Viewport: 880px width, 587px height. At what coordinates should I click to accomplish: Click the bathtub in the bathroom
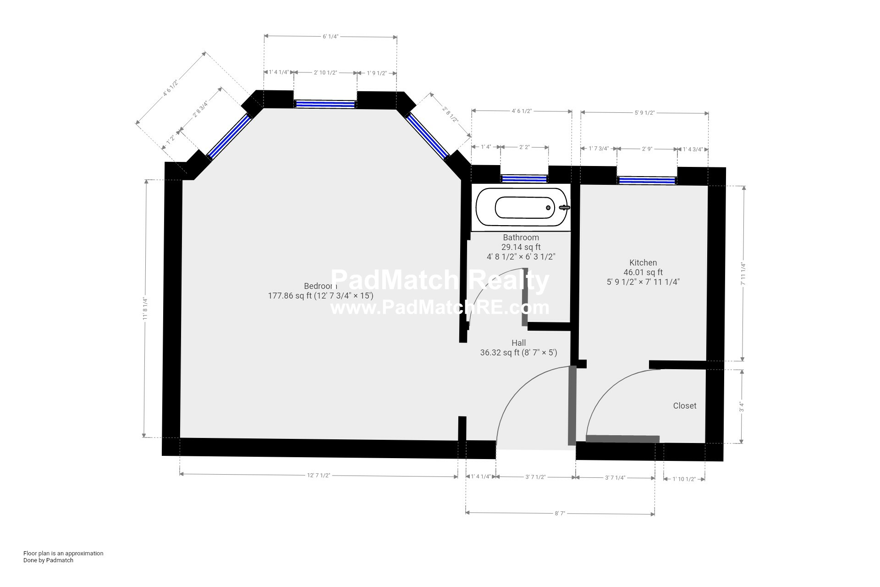click(522, 208)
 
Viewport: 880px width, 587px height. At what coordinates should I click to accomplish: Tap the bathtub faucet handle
click(565, 208)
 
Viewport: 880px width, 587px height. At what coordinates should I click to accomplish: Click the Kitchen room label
click(643, 263)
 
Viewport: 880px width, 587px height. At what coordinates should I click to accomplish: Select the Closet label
click(684, 406)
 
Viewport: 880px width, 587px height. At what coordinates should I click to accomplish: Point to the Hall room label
click(518, 343)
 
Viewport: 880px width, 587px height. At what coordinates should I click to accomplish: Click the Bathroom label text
click(521, 238)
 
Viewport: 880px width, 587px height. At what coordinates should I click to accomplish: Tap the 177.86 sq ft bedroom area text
click(320, 296)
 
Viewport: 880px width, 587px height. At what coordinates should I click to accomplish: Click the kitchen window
click(647, 180)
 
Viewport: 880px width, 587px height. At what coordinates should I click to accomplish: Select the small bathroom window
click(524, 178)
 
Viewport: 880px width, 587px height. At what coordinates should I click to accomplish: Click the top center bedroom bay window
click(325, 104)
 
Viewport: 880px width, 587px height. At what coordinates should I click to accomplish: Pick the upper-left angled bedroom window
click(229, 136)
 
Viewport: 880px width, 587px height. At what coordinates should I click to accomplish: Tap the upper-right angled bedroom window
click(427, 136)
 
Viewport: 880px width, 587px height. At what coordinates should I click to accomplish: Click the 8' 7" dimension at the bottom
click(559, 514)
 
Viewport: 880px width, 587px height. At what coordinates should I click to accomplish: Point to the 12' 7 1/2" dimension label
click(319, 476)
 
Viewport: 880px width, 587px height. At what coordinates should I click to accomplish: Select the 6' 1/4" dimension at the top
click(330, 37)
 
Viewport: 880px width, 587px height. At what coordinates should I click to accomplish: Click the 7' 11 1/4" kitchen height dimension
click(743, 274)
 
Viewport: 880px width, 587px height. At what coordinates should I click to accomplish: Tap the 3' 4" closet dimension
click(741, 407)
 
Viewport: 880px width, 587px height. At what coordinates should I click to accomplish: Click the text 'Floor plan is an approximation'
click(63, 553)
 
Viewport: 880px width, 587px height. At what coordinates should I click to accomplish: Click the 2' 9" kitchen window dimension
click(647, 149)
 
